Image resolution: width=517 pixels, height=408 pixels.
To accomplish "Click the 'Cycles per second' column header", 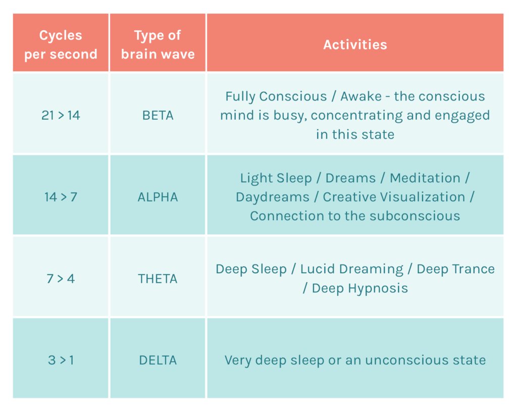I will [x=61, y=44].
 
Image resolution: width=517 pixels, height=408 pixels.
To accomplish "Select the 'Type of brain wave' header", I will [x=158, y=44].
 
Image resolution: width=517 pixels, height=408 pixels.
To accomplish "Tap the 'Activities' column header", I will [x=355, y=44].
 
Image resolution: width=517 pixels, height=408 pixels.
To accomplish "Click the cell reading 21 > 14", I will [x=61, y=115].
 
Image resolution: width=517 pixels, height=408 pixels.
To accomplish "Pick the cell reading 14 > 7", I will [x=61, y=197].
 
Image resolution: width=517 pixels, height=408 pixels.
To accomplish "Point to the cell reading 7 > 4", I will [x=61, y=278].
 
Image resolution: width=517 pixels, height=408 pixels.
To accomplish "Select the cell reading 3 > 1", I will [x=61, y=360].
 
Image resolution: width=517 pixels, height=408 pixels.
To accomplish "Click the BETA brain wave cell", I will [x=158, y=115].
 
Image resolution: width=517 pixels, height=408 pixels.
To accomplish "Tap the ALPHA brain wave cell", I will [x=158, y=197].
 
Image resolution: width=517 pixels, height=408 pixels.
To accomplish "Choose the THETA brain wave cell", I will [x=158, y=278].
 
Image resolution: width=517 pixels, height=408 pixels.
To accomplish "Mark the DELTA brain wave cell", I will [x=158, y=360].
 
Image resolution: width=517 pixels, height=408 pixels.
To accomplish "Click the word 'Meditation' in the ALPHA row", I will [x=425, y=178].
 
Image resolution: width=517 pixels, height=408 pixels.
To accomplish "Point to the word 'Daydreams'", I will [x=273, y=197].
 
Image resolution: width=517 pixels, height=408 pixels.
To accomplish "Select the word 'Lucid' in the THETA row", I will [x=317, y=269].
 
